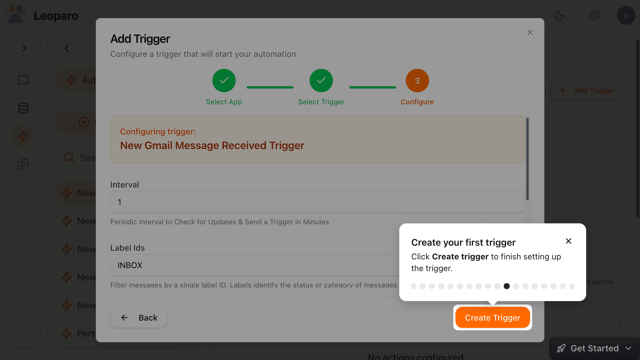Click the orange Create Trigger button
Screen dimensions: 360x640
click(492, 318)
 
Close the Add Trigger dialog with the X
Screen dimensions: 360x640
click(530, 32)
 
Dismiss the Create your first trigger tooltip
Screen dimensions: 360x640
click(568, 241)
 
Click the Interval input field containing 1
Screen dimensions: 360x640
click(317, 202)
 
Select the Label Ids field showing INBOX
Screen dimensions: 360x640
click(254, 265)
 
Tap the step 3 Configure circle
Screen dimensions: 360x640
click(417, 81)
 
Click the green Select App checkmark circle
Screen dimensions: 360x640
click(224, 81)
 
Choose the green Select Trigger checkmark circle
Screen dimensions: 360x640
click(321, 81)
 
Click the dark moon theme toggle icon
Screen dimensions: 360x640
click(559, 15)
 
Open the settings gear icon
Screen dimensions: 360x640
click(595, 15)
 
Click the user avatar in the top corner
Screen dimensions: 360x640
click(626, 15)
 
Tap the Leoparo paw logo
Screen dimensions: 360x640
click(16, 15)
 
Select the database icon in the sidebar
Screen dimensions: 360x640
click(23, 108)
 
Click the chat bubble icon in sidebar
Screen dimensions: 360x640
click(23, 80)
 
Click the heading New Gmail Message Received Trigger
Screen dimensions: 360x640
click(212, 145)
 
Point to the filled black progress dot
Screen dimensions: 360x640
click(507, 286)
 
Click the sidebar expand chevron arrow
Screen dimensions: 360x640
click(24, 48)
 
